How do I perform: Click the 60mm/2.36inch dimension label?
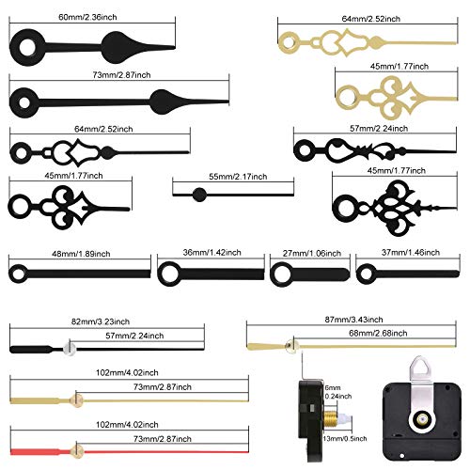coord(87,17)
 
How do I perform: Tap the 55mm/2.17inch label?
coord(238,177)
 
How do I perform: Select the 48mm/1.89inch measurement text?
coord(81,254)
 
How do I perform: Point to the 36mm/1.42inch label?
coord(212,253)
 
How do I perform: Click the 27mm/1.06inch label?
coord(312,253)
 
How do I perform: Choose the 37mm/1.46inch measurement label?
coord(411,253)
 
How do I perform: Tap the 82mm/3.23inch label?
coord(101,321)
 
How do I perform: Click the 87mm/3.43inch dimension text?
coord(353,320)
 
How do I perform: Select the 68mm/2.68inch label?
coord(378,334)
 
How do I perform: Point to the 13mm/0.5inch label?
coord(345,439)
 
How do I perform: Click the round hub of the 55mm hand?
coord(199,195)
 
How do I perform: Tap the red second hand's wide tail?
coord(35,451)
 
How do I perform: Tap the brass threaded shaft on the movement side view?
coord(330,418)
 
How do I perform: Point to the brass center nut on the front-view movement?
coord(423,418)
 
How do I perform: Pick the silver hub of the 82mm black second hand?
coord(70,349)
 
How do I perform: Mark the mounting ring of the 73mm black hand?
coord(24,102)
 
